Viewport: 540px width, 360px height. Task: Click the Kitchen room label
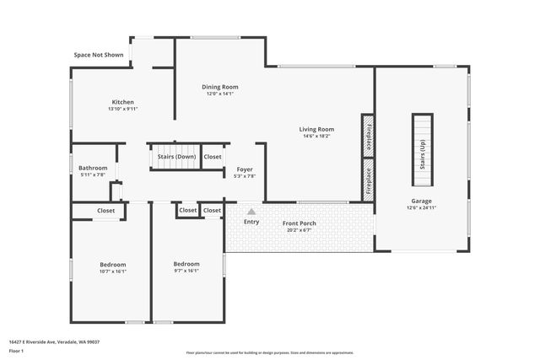(122, 102)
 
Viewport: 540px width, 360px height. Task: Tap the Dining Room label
(219, 87)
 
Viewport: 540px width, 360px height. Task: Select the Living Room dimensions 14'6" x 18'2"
(316, 136)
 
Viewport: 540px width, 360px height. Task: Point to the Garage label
(422, 201)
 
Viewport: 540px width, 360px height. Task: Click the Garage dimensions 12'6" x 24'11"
(422, 207)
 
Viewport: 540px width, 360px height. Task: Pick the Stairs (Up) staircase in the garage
(422, 150)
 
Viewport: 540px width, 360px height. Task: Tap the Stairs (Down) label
(175, 157)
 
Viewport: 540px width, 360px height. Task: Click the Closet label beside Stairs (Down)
(213, 157)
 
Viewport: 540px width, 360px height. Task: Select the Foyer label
(245, 169)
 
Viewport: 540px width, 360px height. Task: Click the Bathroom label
(92, 168)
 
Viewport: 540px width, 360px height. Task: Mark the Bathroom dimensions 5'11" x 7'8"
(92, 175)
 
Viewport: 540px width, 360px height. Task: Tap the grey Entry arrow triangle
(251, 212)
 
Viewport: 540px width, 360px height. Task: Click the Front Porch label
(300, 223)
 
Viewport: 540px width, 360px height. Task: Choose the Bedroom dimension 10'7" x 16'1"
(112, 271)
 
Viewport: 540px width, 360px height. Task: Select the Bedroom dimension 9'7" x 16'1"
(186, 271)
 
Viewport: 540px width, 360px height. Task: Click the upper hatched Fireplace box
(368, 135)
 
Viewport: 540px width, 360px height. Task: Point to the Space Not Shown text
(99, 55)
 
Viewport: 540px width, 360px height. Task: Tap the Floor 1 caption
(16, 350)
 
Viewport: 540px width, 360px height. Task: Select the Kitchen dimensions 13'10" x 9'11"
(122, 109)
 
